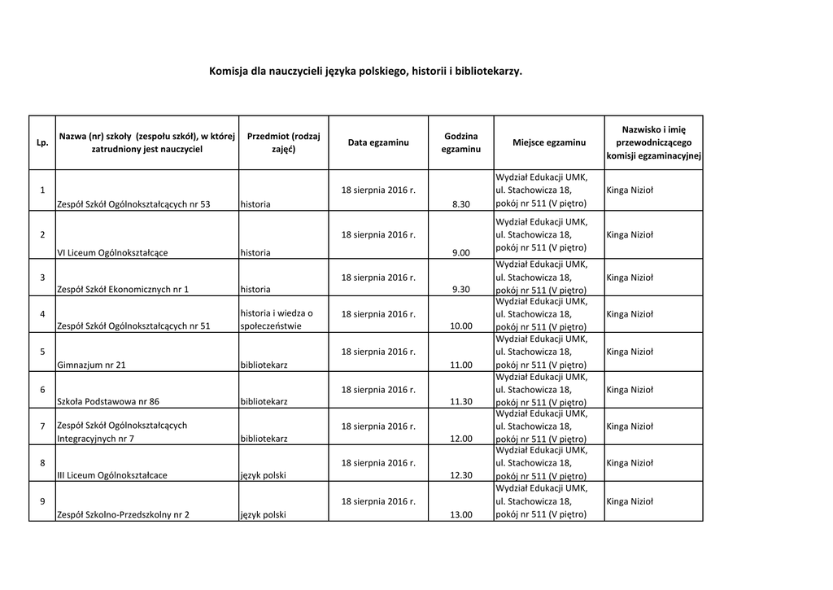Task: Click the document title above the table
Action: [x=366, y=71]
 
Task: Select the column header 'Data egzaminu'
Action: [x=378, y=143]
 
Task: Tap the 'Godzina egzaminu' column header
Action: [x=460, y=142]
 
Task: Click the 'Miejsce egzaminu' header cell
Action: [x=549, y=143]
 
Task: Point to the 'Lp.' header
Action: [x=41, y=143]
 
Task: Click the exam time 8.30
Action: [x=461, y=204]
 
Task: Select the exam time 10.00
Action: [x=460, y=326]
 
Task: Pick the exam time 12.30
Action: [x=460, y=475]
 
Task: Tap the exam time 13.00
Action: [x=460, y=514]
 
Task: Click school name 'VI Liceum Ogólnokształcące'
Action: [x=112, y=252]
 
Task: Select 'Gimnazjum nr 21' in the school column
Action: [x=91, y=365]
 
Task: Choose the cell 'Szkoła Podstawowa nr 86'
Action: [x=108, y=401]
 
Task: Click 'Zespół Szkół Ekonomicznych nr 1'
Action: [x=123, y=289]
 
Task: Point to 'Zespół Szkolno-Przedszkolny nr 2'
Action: [x=123, y=514]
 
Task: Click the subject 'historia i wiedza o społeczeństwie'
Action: [x=277, y=320]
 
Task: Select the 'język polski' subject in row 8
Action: [x=264, y=475]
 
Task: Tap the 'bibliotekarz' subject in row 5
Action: [x=264, y=365]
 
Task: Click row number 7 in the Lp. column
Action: [x=41, y=426]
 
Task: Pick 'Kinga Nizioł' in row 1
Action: [x=630, y=190]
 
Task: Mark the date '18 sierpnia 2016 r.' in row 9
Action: [x=378, y=500]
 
